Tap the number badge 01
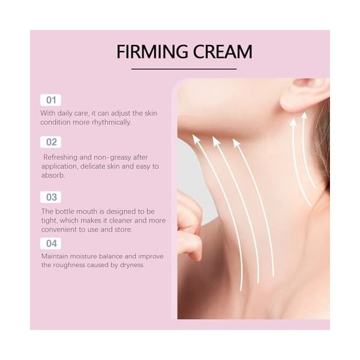(x=50, y=100)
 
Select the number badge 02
(x=50, y=142)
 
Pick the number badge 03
(x=50, y=197)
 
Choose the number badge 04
(x=50, y=243)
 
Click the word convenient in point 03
(x=61, y=229)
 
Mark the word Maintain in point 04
(x=55, y=256)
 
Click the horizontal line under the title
(x=184, y=70)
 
